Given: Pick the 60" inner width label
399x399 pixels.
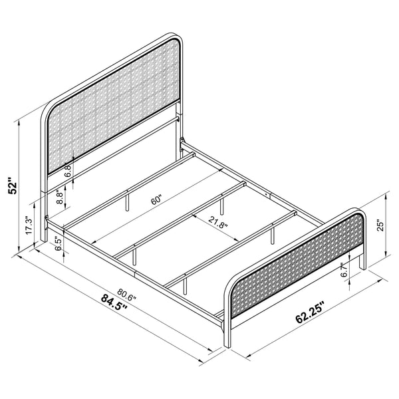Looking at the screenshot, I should (156, 198).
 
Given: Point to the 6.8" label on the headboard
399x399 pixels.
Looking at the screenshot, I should (68, 172).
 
